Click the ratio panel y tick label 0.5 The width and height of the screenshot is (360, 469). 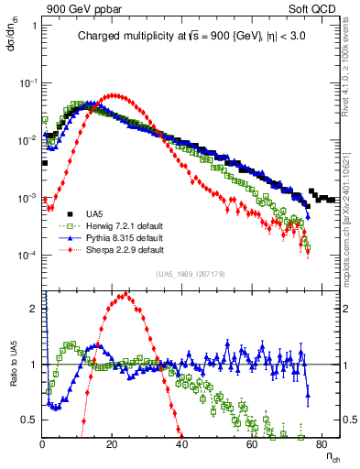(29, 420)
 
